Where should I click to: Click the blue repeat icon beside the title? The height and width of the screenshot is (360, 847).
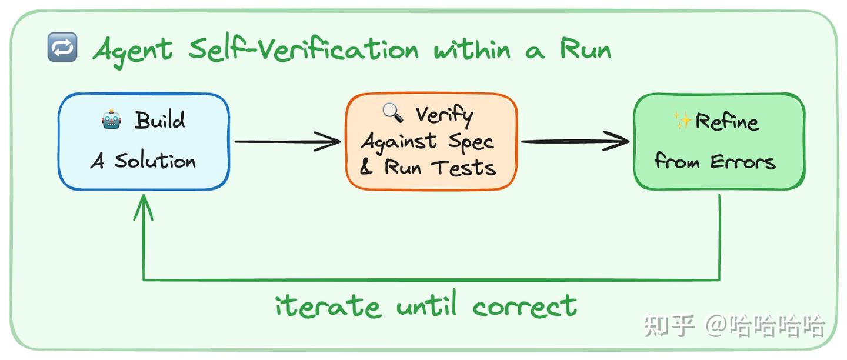tap(62, 47)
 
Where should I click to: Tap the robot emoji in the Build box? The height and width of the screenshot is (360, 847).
tap(112, 119)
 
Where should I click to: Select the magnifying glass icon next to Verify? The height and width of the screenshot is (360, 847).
tap(392, 112)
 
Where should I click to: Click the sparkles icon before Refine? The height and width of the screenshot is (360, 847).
tap(682, 121)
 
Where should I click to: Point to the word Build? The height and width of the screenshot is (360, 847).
tap(160, 120)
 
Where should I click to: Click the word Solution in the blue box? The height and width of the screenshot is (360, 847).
tap(155, 161)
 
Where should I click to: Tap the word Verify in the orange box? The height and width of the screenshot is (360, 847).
tap(444, 115)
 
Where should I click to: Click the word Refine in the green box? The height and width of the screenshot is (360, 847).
tap(727, 121)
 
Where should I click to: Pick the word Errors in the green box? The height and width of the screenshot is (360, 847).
tap(743, 162)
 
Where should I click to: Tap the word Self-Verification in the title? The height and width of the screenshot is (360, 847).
tap(304, 49)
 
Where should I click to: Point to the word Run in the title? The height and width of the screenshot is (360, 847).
tap(585, 48)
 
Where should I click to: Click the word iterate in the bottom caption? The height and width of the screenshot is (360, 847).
tap(328, 305)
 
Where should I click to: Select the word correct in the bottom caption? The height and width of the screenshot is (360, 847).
tap(525, 306)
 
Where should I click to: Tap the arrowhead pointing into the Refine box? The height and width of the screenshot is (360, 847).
tap(616, 141)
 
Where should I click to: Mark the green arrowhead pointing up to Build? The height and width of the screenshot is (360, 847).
tap(144, 208)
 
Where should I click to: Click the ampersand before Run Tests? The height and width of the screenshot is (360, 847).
tap(366, 167)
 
